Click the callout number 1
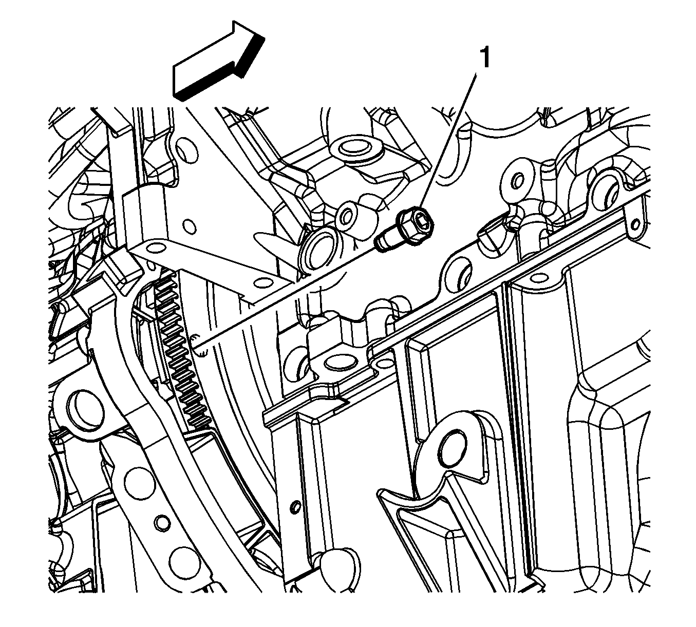pyautogui.click(x=484, y=58)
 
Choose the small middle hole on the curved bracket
pyautogui.click(x=163, y=523)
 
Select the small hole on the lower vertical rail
pyautogui.click(x=295, y=507)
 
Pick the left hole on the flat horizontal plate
pyautogui.click(x=153, y=249)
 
